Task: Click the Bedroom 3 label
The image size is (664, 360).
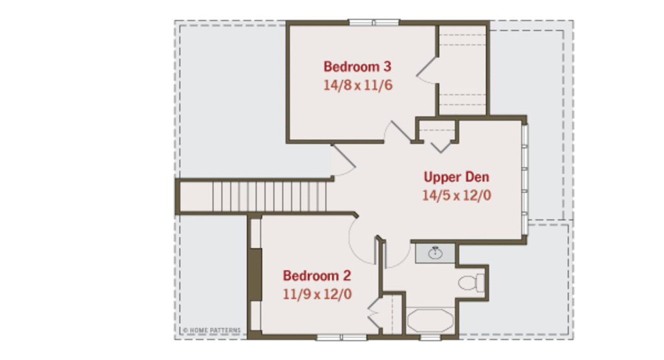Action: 357,67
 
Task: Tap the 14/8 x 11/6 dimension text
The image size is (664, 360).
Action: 358,85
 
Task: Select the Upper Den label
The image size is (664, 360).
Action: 456,177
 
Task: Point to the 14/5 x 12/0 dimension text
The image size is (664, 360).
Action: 456,195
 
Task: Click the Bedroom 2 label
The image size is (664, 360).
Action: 316,276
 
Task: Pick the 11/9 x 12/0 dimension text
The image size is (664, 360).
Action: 317,294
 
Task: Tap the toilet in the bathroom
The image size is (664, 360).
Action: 471,283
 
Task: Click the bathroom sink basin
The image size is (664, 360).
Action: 435,253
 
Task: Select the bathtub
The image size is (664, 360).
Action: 431,320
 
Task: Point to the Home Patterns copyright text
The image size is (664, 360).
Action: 212,330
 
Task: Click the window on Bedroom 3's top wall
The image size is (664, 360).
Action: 374,23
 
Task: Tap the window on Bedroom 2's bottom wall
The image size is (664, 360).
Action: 342,337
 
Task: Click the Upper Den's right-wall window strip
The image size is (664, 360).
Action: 525,180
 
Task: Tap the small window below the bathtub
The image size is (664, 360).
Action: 430,337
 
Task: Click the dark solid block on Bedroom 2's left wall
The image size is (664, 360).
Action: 255,275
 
